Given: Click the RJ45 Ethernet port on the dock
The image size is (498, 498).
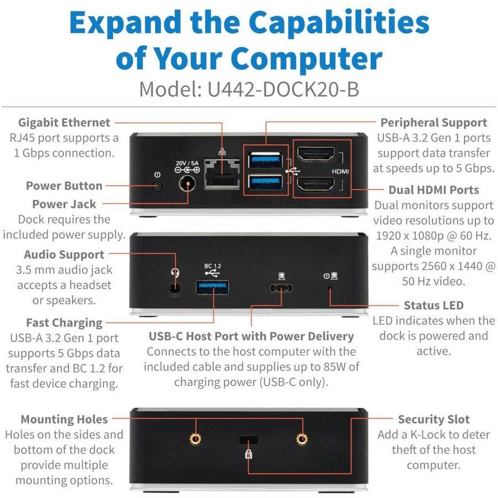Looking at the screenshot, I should (221, 173).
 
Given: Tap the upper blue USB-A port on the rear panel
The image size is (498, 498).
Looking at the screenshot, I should (265, 160).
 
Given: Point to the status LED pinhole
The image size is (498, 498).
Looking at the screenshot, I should (330, 288).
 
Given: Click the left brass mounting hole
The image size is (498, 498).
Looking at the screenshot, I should (194, 439).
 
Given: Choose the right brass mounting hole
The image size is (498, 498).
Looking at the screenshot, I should (302, 439).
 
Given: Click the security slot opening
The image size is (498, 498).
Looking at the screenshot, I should (248, 440).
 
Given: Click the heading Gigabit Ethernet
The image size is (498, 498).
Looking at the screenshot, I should (64, 122).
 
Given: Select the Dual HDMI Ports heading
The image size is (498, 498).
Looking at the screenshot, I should (434, 190).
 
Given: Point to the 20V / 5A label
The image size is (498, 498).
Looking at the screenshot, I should (186, 163).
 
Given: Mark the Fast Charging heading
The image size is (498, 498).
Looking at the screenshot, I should (64, 323).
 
